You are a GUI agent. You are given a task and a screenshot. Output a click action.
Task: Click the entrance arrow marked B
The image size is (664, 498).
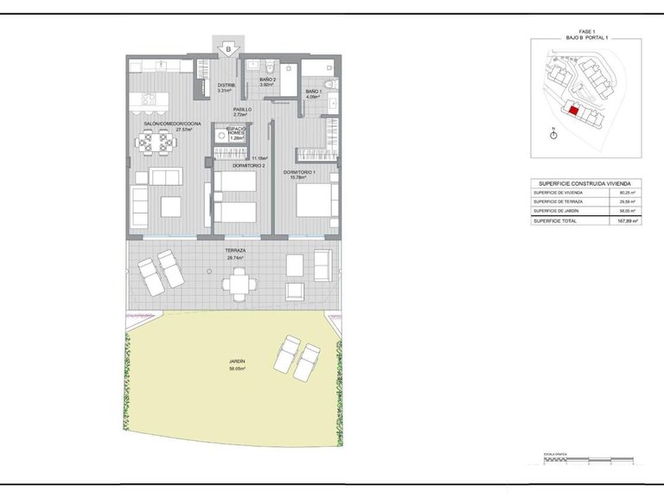tap(228, 49)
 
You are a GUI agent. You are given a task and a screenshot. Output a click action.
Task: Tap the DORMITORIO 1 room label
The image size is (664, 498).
tap(300, 173)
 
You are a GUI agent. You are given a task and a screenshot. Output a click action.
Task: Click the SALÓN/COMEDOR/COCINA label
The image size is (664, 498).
tap(172, 124)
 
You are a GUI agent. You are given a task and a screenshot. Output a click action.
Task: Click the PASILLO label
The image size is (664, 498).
tap(243, 111)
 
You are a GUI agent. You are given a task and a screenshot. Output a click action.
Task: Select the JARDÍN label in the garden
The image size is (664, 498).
tap(237, 363)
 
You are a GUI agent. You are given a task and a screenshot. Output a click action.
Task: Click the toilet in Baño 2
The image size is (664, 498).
tap(270, 66)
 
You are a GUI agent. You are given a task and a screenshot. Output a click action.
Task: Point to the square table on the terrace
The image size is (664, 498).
tap(239, 281)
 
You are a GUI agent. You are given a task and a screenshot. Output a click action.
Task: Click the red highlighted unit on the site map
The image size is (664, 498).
tap(571, 111)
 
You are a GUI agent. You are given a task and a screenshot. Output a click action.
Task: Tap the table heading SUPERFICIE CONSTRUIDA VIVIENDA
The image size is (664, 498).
tap(584, 183)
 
